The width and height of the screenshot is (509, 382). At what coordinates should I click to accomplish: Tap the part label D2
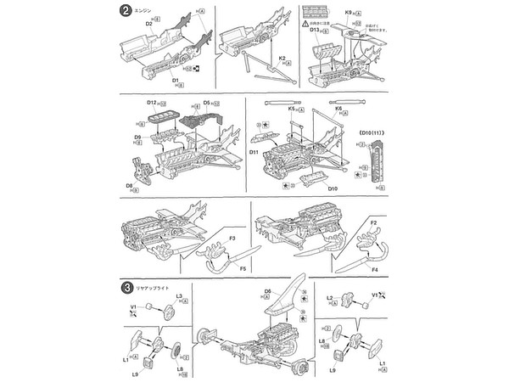[148, 24]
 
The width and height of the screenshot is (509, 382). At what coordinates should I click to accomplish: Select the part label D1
[176, 81]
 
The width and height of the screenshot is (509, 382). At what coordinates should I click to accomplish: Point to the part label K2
[282, 58]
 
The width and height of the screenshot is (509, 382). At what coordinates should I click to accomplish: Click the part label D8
[130, 185]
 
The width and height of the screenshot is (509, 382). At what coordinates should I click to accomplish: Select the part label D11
[254, 151]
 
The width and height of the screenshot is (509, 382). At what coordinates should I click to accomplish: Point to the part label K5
[291, 110]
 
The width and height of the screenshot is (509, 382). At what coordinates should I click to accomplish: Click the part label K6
[338, 110]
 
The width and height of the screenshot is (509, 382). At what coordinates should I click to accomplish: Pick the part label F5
[242, 269]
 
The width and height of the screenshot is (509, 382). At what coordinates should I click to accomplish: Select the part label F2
[372, 222]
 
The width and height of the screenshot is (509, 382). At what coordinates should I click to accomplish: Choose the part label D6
[266, 292]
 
